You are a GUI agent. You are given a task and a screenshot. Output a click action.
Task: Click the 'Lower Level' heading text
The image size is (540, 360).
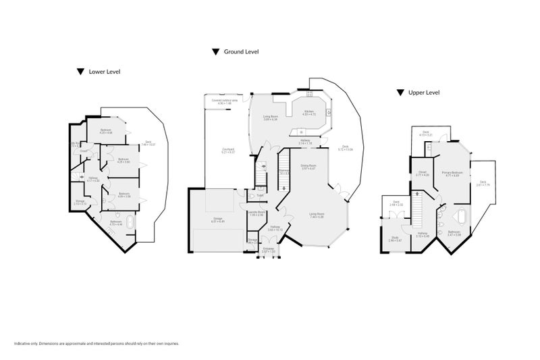[x=105, y=72]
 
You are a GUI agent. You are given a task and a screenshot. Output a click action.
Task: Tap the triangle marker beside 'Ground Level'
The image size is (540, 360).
[x=215, y=51]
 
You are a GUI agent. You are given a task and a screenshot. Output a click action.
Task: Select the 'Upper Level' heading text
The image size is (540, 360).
[x=424, y=92]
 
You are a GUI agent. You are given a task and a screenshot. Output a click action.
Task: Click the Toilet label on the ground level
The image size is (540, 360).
[x=260, y=196]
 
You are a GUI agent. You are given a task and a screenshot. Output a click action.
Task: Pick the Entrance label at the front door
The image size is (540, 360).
[x=269, y=250]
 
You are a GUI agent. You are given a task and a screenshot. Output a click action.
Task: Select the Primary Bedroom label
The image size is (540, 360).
[x=452, y=174]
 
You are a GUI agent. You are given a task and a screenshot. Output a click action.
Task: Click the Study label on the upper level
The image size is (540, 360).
[x=395, y=238]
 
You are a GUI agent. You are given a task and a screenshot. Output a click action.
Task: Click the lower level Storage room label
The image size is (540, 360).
[x=80, y=201]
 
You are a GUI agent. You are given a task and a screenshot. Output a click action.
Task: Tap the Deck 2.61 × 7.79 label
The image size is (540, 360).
[x=483, y=182]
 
